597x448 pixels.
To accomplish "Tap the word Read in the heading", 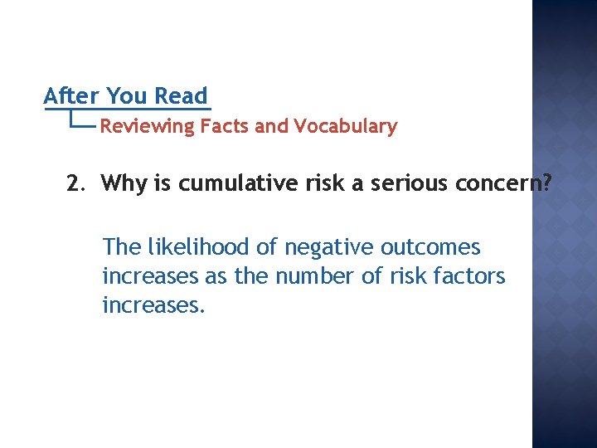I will (182, 96).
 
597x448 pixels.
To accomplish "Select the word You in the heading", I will (127, 96).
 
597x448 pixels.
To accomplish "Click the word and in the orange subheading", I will (270, 127).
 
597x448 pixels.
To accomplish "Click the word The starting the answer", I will (121, 247).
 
